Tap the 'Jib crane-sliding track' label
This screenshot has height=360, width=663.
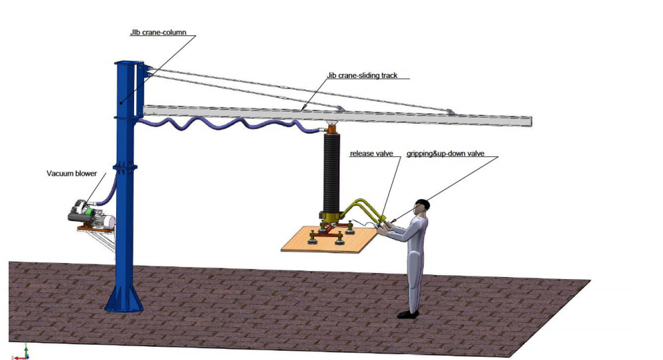tap(362, 75)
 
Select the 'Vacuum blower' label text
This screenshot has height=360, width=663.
tap(71, 173)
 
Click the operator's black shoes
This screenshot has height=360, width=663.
tap(408, 314)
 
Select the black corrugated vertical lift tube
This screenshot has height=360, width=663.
tap(331, 173)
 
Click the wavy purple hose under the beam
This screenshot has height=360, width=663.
tap(221, 126)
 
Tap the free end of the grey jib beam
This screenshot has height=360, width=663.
tap(528, 122)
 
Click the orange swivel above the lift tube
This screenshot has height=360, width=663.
tap(331, 128)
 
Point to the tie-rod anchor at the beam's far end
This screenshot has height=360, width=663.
tap(449, 111)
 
